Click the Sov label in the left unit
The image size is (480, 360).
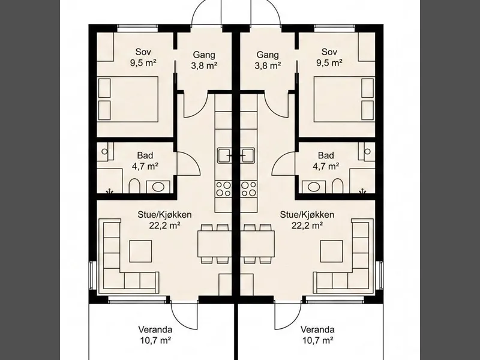(x=143, y=52)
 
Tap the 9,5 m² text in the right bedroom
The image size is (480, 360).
(x=329, y=63)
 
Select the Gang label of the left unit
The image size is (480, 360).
(x=204, y=55)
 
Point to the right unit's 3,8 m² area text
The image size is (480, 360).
(x=268, y=65)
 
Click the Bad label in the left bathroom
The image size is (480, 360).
(x=145, y=155)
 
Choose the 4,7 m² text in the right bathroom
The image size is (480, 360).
(x=326, y=166)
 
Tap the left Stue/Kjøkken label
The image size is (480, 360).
(x=164, y=215)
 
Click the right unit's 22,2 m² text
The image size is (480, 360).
(x=307, y=226)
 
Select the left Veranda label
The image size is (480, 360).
(x=155, y=329)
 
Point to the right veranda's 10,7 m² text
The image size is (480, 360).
(x=317, y=340)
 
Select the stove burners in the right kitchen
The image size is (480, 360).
(x=248, y=188)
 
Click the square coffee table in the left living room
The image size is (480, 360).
(x=140, y=251)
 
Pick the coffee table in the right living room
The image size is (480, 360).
(x=331, y=251)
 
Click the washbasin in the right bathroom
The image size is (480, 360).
(x=314, y=187)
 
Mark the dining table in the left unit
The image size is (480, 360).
(x=214, y=244)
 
